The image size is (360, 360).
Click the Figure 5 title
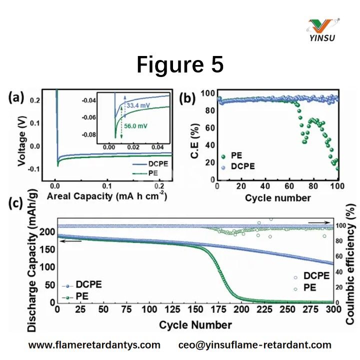pos(180,65)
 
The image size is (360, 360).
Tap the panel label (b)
pos(188,98)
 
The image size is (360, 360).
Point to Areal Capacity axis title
pos(106,196)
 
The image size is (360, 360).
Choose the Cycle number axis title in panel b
pos(277,198)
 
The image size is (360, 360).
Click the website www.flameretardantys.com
pos(94,345)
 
